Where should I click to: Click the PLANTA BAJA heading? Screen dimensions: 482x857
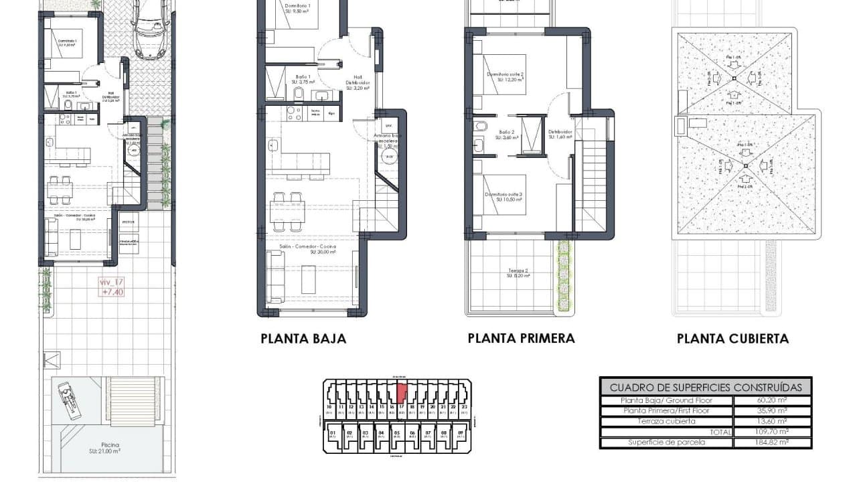303,339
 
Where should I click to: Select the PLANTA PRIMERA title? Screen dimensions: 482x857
521,338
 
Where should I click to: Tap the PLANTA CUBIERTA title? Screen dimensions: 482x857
732,339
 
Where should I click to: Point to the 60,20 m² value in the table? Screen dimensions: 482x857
773,400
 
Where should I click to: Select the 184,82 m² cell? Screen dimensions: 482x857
773,443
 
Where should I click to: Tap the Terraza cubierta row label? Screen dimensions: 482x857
668,421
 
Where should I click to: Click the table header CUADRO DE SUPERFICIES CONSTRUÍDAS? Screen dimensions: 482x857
706,387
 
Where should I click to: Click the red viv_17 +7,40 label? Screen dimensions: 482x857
112,287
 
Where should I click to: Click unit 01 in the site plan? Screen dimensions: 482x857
332,433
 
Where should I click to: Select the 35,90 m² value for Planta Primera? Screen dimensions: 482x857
773,411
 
